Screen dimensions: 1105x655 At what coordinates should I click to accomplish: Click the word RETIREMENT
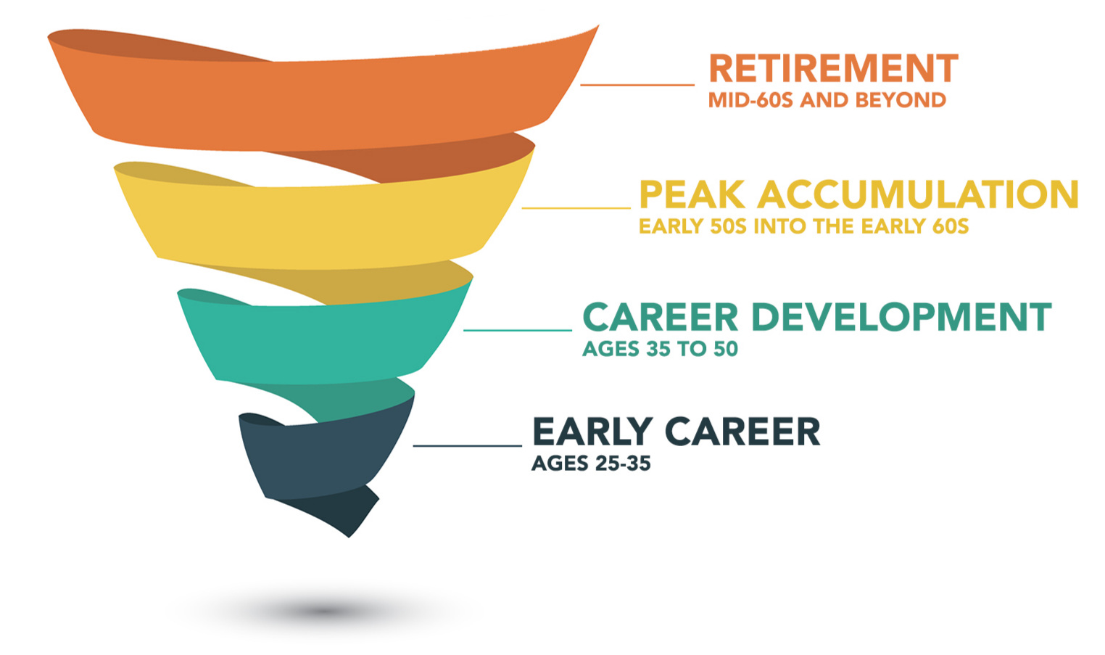click(834, 68)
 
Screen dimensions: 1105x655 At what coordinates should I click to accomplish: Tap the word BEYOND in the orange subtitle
click(901, 100)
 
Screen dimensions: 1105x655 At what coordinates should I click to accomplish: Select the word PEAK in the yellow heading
click(692, 194)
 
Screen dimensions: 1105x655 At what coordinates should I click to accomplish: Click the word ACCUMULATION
click(919, 194)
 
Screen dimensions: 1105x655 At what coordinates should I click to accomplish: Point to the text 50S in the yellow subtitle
click(728, 226)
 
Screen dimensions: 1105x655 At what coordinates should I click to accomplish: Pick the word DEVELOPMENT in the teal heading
click(902, 317)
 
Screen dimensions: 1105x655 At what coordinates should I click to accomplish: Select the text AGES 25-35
click(591, 464)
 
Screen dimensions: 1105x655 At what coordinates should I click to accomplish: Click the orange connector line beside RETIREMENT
click(637, 85)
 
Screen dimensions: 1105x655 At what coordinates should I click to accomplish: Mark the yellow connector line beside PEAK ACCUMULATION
click(576, 208)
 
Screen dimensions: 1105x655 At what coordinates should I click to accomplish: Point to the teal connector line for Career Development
click(518, 330)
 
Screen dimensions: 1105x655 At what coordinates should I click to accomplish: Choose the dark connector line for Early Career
click(467, 445)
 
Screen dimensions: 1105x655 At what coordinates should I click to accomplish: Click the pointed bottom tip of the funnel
click(349, 537)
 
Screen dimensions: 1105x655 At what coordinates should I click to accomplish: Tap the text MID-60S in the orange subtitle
click(751, 100)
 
